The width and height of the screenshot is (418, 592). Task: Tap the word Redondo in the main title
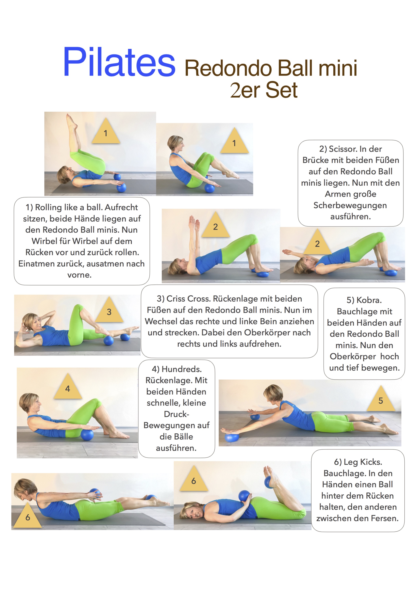(228, 68)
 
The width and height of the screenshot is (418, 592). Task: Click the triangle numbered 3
(109, 310)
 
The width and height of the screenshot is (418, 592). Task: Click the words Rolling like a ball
(69, 207)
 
